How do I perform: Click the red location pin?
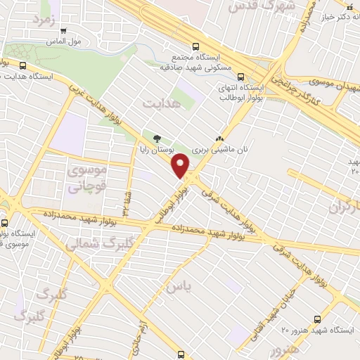181,166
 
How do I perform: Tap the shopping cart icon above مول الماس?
65,31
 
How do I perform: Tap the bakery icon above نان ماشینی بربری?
220,139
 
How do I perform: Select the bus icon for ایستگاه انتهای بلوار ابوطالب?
241,77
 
